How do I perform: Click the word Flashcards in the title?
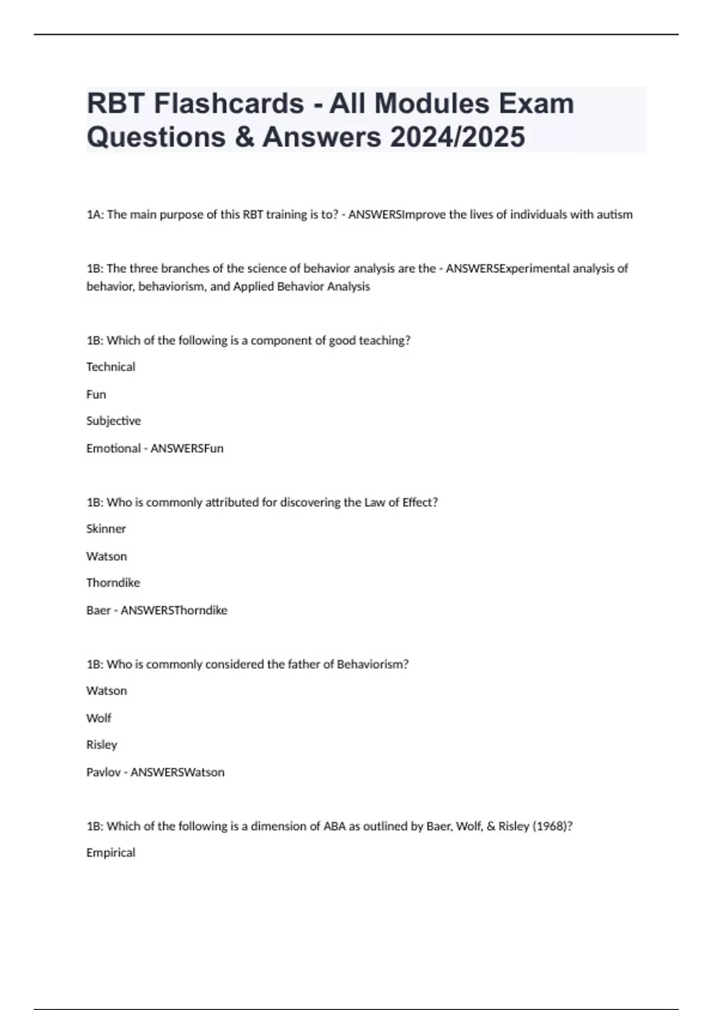pyautogui.click(x=229, y=103)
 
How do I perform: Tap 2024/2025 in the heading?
pyautogui.click(x=458, y=137)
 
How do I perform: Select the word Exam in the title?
pyautogui.click(x=536, y=103)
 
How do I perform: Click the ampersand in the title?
pyautogui.click(x=244, y=137)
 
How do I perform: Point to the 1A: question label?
pyautogui.click(x=95, y=214)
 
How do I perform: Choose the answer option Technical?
pyautogui.click(x=111, y=367)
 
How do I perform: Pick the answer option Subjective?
pyautogui.click(x=113, y=421)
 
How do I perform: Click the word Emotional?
pyautogui.click(x=113, y=449)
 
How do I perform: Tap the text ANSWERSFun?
pyautogui.click(x=187, y=449)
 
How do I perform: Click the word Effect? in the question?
pyautogui.click(x=419, y=503)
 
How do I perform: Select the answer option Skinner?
pyautogui.click(x=106, y=529)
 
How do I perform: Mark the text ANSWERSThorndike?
pyautogui.click(x=173, y=610)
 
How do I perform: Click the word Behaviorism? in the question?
pyautogui.click(x=373, y=664)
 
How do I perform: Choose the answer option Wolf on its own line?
pyautogui.click(x=99, y=718)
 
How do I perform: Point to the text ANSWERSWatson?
pyautogui.click(x=177, y=772)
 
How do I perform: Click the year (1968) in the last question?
pyautogui.click(x=552, y=826)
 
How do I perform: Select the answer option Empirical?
pyautogui.click(x=111, y=853)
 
